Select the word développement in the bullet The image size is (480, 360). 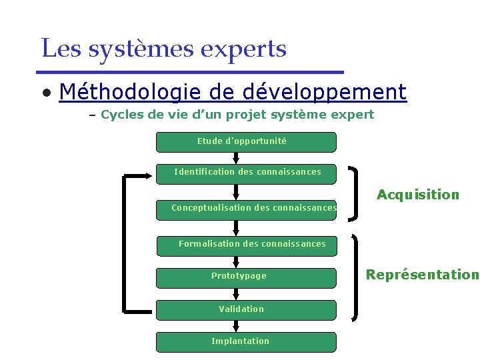click(325, 91)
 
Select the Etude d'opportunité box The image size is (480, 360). click(245, 142)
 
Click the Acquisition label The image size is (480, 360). click(418, 195)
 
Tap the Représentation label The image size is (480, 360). click(422, 274)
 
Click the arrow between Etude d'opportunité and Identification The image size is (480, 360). click(236, 157)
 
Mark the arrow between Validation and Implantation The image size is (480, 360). click(236, 325)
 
